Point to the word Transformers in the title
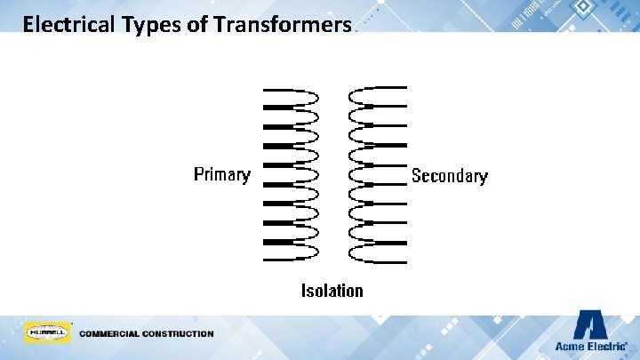pos(283,24)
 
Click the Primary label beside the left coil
pos(222,174)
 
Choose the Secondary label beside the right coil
pos(449,176)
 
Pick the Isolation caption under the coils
pos(332,291)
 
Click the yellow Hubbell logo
pos(47,332)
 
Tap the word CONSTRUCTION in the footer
pos(181,334)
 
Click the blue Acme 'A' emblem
pos(589,324)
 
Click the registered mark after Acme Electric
pos(627,343)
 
